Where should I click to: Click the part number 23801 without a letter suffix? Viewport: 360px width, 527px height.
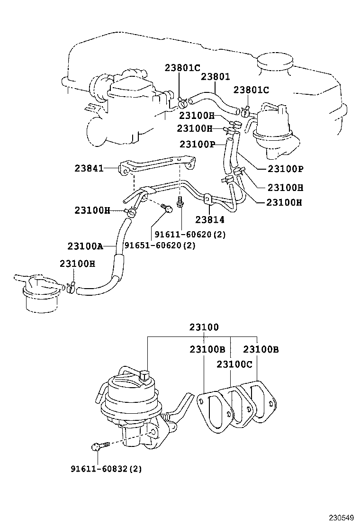tap(215, 77)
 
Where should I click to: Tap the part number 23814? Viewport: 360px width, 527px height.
tap(210, 220)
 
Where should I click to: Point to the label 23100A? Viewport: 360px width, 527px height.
tap(85, 245)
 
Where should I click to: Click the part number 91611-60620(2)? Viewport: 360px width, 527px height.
tap(189, 235)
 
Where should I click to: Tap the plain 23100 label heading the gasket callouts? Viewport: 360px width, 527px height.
tap(204, 327)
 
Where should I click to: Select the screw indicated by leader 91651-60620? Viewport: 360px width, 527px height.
tap(165, 208)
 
